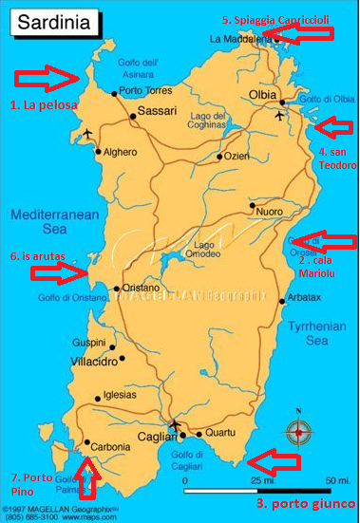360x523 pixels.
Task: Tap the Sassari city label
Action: pos(157,111)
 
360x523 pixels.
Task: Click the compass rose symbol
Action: pos(299,431)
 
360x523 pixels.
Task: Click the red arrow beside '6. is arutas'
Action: pos(57,273)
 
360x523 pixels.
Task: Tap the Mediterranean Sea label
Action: pos(54,222)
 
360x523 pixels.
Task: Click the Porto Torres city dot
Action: pos(115,93)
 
